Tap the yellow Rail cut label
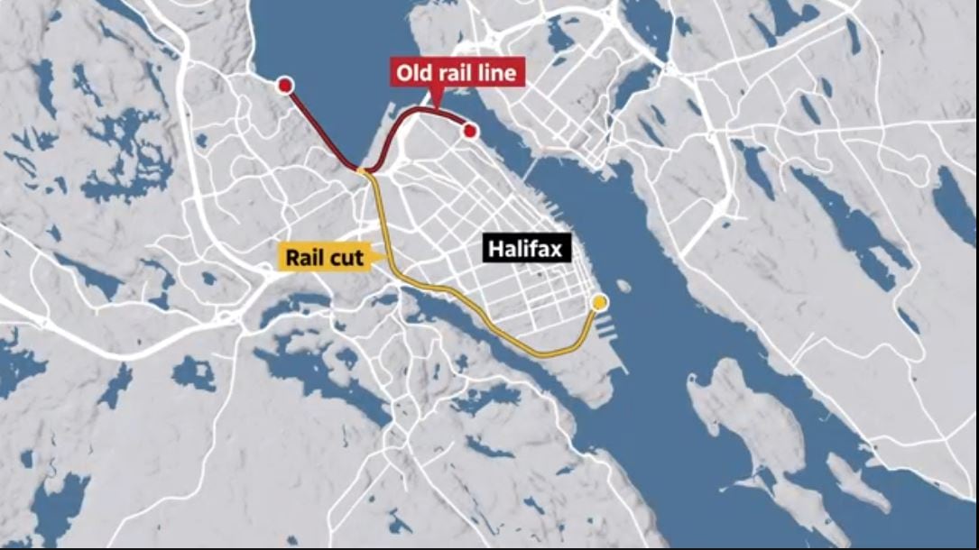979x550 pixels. click(x=325, y=257)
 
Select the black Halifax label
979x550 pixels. click(x=528, y=249)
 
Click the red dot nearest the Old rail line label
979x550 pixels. click(x=469, y=132)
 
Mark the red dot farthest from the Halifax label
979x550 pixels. click(x=285, y=86)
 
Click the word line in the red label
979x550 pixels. click(x=497, y=73)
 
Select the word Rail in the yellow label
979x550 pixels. click(x=304, y=257)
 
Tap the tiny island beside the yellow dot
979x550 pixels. click(x=623, y=286)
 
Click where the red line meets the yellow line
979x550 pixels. click(x=363, y=170)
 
